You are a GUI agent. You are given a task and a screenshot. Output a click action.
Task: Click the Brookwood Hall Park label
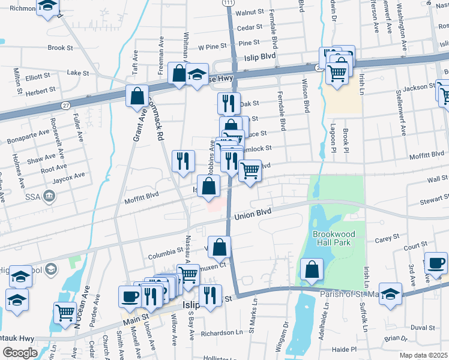click(334, 238)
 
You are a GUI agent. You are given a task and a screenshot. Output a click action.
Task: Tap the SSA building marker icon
click(49, 196)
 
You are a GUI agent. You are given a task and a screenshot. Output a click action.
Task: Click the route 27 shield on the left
click(65, 105)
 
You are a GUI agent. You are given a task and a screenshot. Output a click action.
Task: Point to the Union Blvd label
click(253, 214)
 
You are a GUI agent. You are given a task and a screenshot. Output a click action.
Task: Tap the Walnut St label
click(250, 12)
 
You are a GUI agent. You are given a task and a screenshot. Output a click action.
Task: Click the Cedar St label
click(250, 27)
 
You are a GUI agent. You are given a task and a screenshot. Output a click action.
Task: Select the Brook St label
click(60, 47)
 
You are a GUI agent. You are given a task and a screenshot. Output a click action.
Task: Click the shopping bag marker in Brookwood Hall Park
click(312, 269)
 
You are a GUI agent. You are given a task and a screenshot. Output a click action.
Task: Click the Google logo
click(19, 352)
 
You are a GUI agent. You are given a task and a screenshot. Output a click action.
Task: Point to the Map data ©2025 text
click(424, 355)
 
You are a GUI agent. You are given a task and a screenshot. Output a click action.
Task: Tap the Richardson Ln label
click(222, 332)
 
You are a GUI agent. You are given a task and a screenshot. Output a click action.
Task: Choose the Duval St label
click(423, 327)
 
